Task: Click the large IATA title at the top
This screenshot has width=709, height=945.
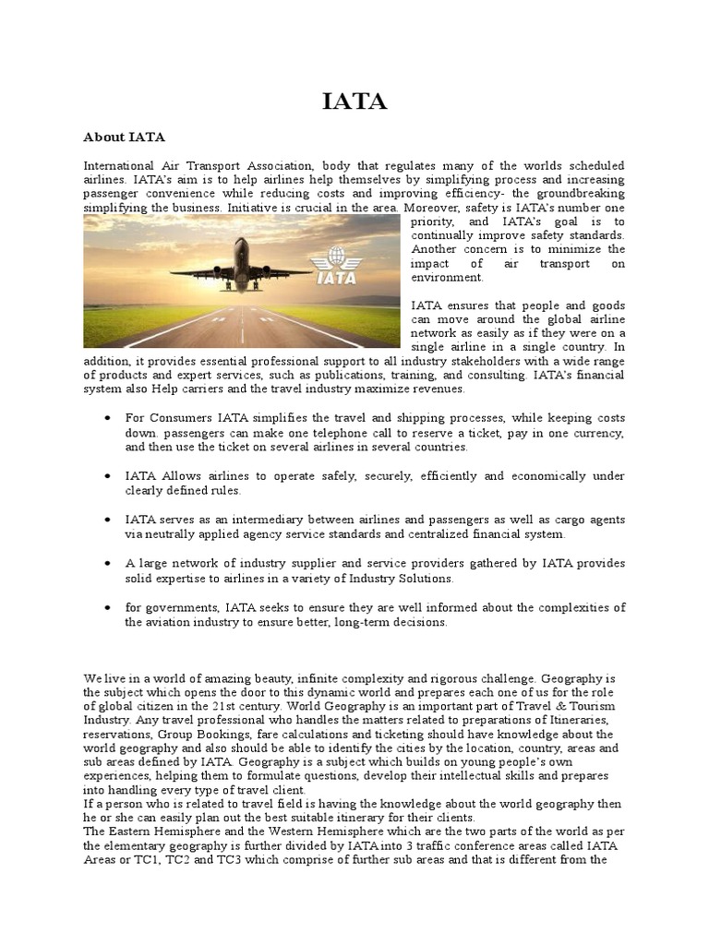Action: pyautogui.click(x=354, y=102)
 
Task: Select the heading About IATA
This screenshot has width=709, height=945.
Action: pyautogui.click(x=124, y=138)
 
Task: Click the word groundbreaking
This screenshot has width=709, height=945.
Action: pyautogui.click(x=574, y=194)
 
